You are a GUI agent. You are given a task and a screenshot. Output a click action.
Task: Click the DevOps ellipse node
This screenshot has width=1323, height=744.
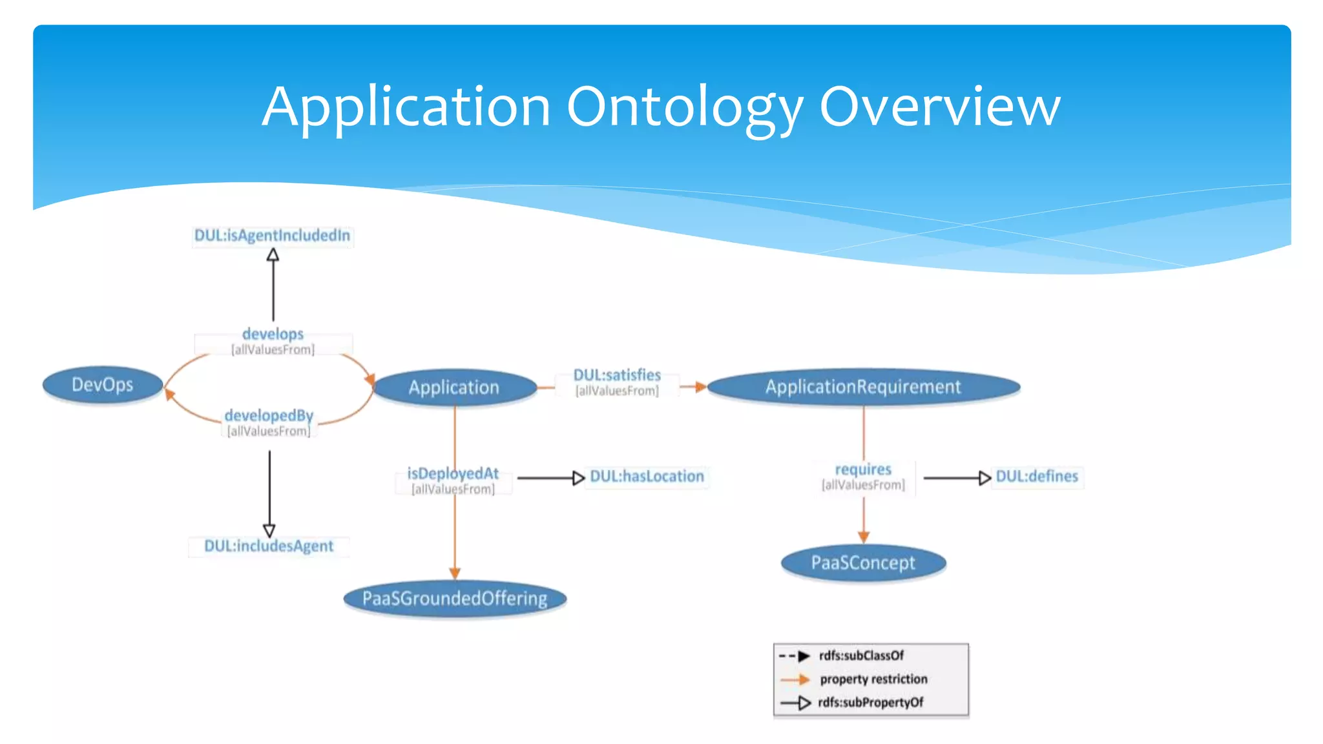coord(102,385)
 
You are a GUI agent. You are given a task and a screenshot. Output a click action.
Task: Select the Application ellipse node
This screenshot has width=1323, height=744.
coord(454,387)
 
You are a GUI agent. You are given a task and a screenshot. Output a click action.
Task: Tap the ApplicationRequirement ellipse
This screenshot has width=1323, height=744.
coord(863,387)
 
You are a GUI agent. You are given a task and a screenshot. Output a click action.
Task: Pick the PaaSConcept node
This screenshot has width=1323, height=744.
coord(863,563)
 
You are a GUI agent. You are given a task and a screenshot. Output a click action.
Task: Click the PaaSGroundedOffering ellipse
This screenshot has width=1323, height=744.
coord(455,598)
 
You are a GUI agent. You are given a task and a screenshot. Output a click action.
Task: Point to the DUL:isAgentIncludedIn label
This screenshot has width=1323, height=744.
coord(272,236)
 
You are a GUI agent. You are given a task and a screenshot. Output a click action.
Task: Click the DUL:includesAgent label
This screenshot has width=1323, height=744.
coord(269,546)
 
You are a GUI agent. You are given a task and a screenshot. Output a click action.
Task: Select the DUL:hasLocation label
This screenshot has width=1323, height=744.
coord(647,477)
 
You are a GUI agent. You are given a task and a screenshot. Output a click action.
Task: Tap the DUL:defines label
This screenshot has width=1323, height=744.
coord(1037,477)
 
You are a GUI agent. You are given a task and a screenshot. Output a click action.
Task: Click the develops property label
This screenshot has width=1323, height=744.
coord(273,335)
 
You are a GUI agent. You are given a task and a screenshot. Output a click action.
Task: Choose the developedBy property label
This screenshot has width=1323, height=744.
coord(269,416)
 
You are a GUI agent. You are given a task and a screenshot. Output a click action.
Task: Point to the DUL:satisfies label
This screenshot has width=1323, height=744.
coord(617,375)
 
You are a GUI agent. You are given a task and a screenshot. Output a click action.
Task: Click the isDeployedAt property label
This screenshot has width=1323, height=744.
coord(453,474)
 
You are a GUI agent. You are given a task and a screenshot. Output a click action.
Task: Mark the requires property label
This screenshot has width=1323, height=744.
coord(863,470)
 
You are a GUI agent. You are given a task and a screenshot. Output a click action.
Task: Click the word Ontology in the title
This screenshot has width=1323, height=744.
coord(685,107)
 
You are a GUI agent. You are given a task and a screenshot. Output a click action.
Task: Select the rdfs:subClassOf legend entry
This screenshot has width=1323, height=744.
coord(861,656)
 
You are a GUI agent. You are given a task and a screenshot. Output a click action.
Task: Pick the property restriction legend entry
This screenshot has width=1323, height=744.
coord(873,679)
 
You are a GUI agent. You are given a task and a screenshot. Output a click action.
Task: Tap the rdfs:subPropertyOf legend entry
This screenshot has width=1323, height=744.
coord(870,703)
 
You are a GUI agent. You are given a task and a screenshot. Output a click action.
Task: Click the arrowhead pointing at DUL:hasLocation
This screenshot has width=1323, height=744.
coord(579,478)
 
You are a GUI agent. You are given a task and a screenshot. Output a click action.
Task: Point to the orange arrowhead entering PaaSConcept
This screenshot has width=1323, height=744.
coord(864,537)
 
